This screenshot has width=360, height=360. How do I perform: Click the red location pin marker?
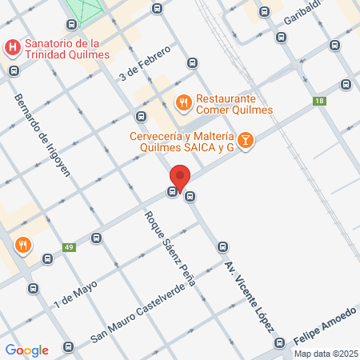point(180,178)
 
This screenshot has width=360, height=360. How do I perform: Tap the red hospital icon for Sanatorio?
point(13,48)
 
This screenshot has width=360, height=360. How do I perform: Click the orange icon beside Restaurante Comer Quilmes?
point(183,102)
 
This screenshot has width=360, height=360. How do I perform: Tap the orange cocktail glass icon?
point(246,142)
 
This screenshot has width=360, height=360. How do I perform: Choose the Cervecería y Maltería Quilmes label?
point(182,141)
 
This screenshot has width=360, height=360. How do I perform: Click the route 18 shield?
point(320,101)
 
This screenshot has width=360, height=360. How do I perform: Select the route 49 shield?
point(70,247)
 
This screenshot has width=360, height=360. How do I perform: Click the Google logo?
point(27,350)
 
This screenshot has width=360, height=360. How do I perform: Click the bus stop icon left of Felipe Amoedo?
point(279,342)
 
